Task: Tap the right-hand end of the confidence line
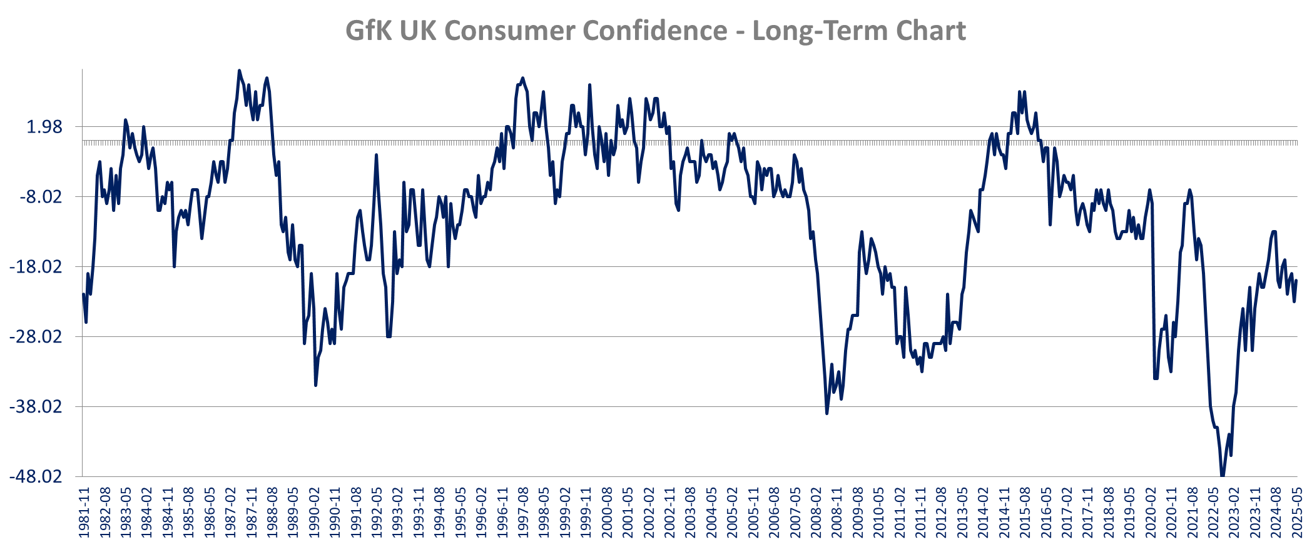pyautogui.click(x=1297, y=280)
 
